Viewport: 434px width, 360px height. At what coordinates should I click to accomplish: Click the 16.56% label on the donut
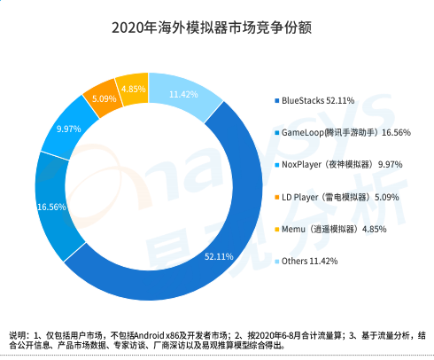(53, 207)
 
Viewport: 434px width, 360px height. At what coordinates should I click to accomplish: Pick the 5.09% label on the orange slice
(105, 98)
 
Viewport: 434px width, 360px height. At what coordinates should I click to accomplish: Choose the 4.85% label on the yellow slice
(134, 89)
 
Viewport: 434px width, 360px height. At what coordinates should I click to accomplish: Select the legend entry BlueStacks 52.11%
(323, 99)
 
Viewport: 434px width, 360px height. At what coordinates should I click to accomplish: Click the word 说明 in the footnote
(19, 334)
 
